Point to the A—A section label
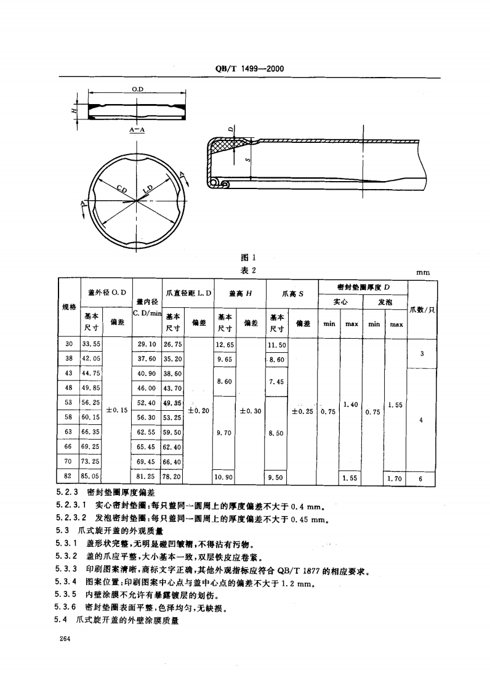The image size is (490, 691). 137,130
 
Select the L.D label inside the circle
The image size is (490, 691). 148,190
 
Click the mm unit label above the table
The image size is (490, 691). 423,272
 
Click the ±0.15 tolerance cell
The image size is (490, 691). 117,409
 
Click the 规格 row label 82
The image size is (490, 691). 69,475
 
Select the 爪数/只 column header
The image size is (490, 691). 422,309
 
